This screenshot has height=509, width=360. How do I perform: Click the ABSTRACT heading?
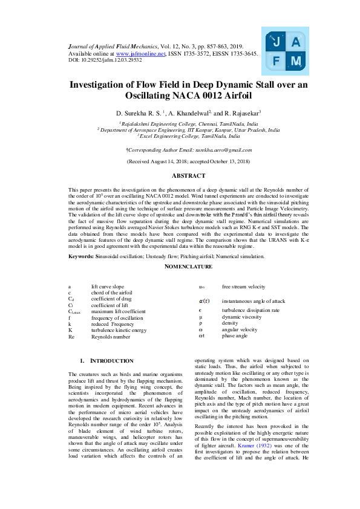pos(188,176)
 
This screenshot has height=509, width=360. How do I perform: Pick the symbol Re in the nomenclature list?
pos(71,337)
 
